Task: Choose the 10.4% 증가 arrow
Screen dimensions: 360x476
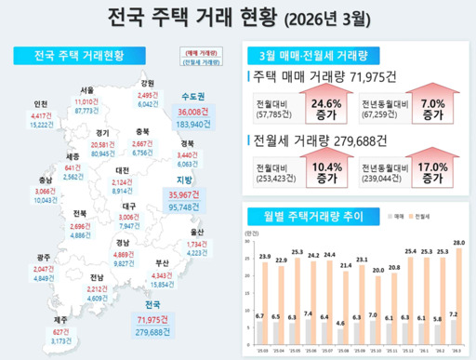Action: coord(324,171)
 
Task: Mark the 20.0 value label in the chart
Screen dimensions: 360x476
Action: coord(377,271)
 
